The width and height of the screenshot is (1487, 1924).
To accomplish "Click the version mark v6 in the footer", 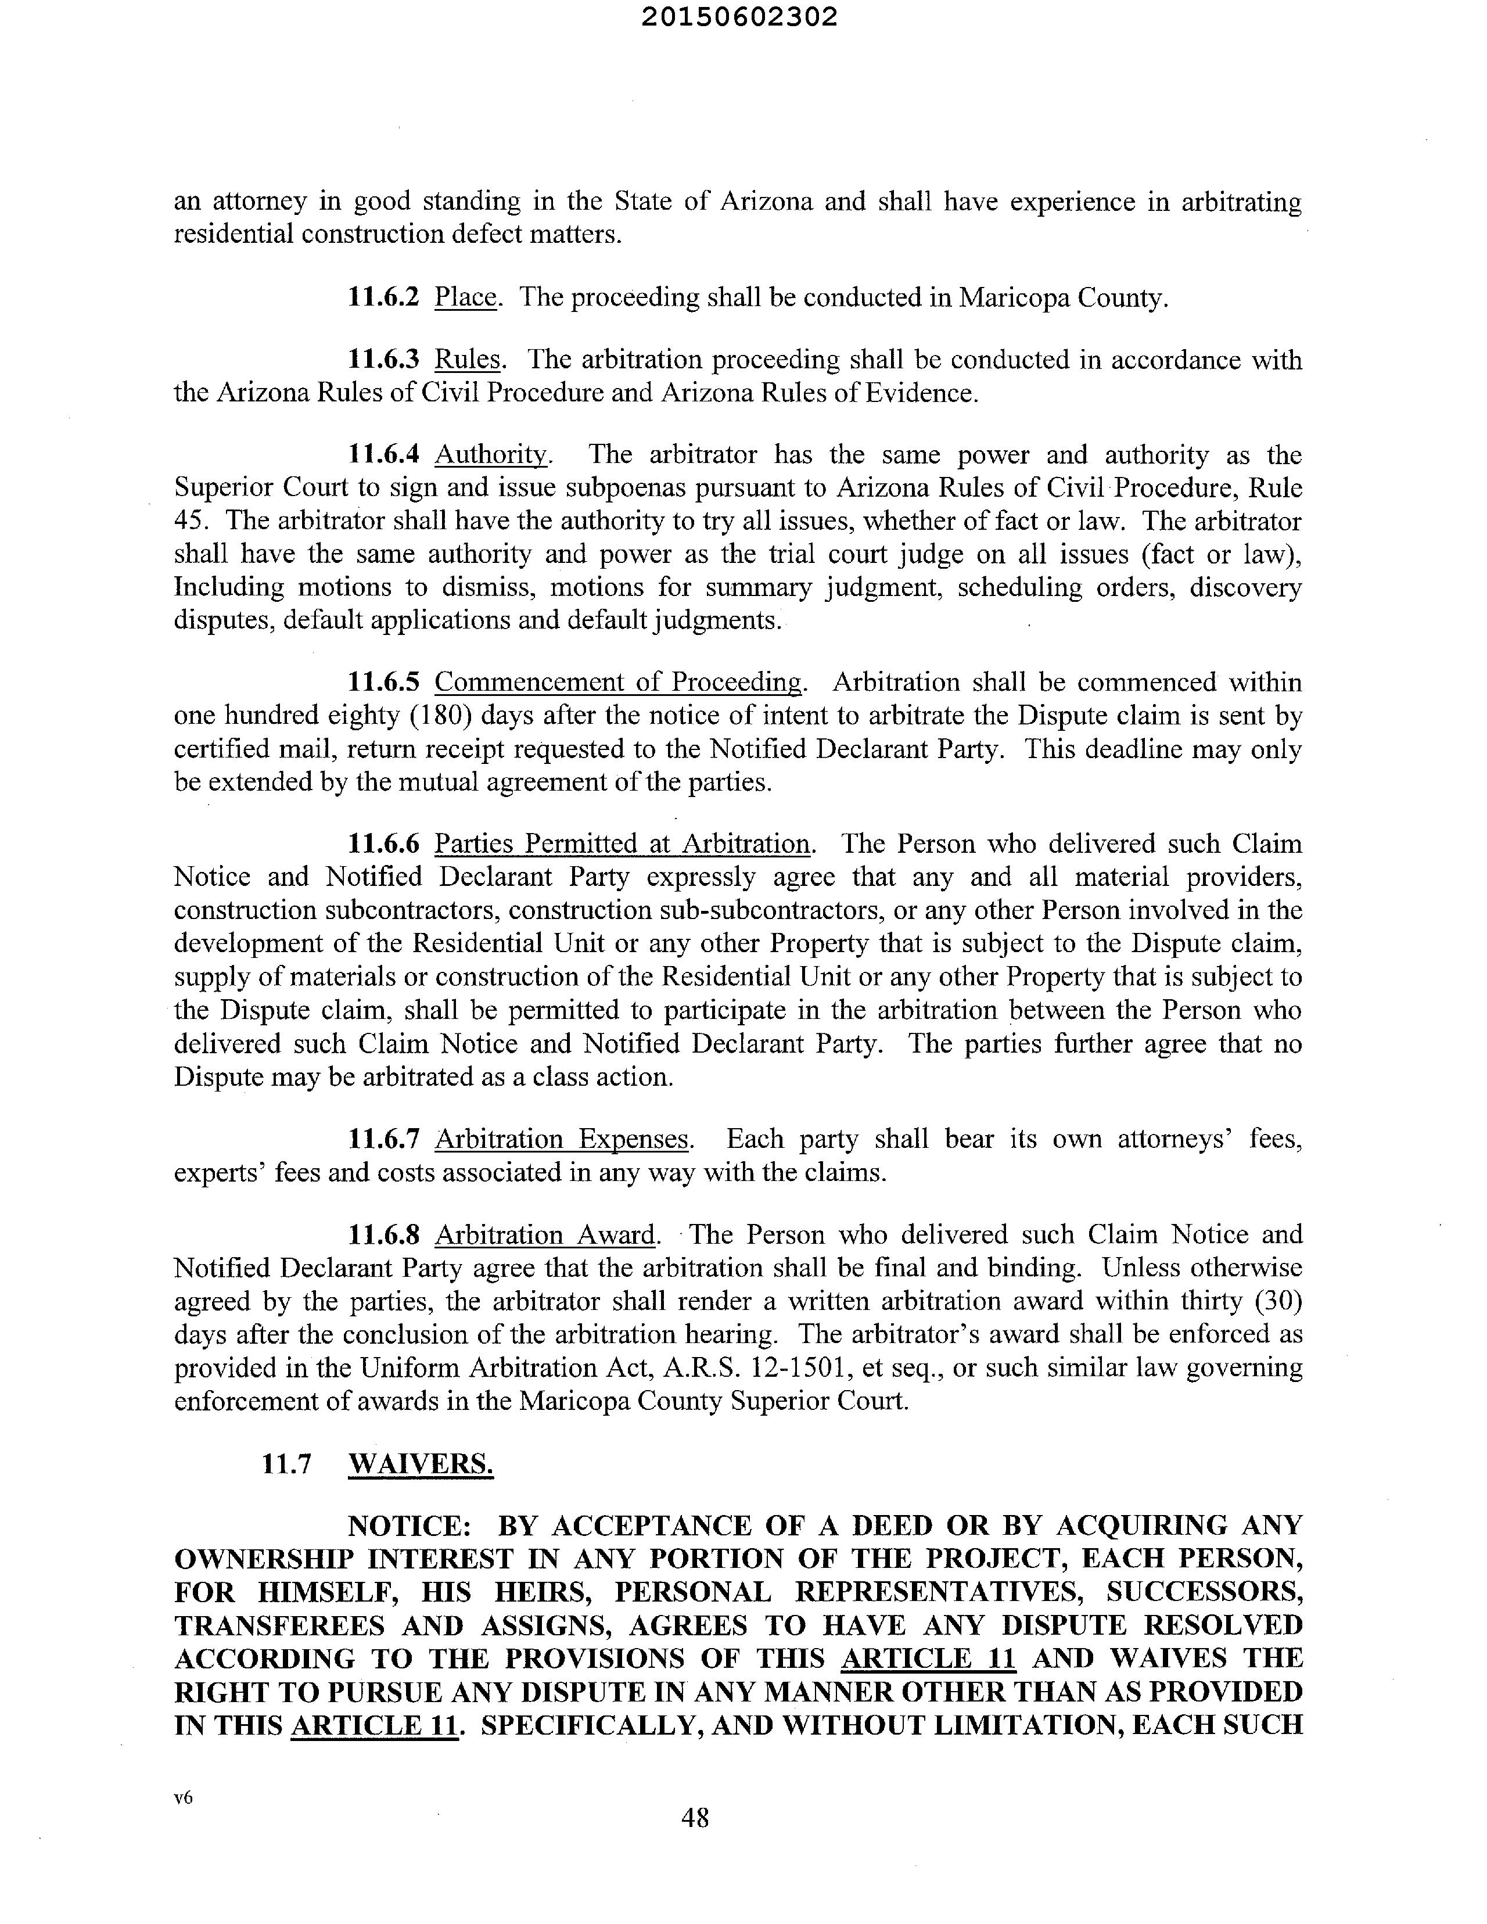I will pos(183,1798).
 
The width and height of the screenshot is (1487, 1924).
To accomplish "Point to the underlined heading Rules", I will pos(468,360).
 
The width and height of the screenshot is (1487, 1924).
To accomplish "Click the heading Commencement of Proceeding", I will pos(619,682).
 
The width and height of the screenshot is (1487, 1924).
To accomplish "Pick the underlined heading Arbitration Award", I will pos(546,1234).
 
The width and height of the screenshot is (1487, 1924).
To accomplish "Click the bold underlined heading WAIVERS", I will pos(421,1463).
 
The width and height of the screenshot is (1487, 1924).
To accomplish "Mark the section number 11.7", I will pos(287,1463).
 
